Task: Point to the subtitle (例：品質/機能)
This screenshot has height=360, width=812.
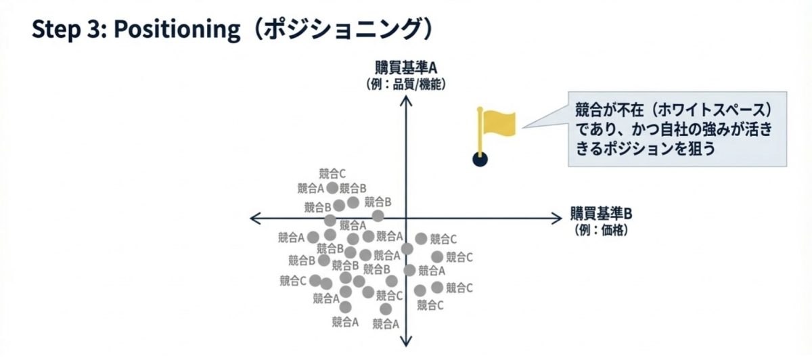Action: (405, 84)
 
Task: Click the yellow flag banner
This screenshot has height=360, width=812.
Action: (499, 123)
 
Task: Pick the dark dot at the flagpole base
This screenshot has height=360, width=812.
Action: (480, 160)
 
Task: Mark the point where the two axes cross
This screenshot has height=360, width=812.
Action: (405, 217)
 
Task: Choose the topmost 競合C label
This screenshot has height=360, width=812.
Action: (332, 173)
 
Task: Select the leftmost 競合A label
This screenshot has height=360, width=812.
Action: (292, 238)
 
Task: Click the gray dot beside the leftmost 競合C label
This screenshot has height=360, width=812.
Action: (315, 279)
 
